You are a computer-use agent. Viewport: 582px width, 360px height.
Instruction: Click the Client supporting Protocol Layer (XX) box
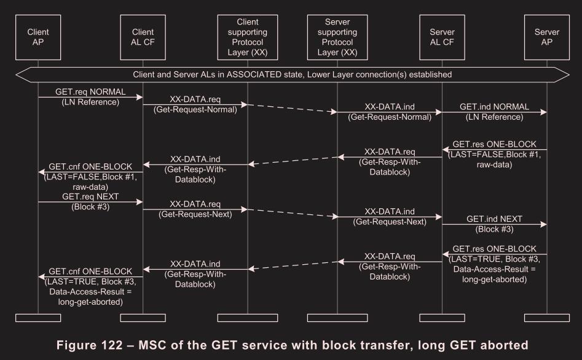tap(248, 37)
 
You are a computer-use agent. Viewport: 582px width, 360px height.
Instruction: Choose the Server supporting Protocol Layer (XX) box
tap(337, 37)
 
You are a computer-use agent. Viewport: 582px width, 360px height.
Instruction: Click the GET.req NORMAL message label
tap(90, 91)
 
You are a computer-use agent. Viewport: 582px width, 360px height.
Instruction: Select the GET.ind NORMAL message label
tap(494, 107)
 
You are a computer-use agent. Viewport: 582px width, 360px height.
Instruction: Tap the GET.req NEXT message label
tap(90, 197)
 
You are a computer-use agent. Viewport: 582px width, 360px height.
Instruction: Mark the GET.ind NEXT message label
tap(494, 219)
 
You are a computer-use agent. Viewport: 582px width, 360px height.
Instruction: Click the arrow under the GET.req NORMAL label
tap(90, 96)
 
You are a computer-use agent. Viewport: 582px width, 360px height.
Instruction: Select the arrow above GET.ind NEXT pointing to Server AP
tap(494, 225)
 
